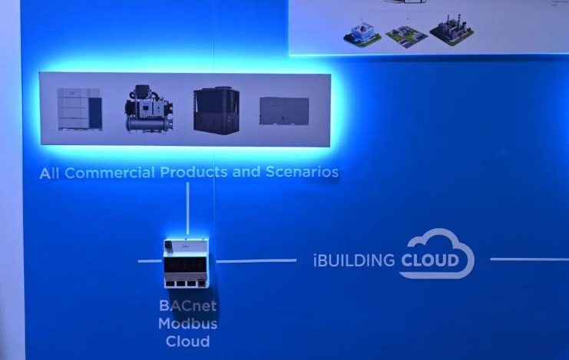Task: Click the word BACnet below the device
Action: tap(188, 306)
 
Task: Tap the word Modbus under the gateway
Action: tap(187, 323)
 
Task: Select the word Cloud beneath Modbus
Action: tap(187, 340)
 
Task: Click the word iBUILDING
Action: tap(354, 260)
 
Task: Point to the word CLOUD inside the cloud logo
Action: tap(429, 261)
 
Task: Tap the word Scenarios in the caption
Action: tap(302, 173)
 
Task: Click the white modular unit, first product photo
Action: tap(79, 108)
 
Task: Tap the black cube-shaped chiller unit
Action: tap(217, 109)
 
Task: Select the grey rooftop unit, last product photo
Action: tap(284, 111)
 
